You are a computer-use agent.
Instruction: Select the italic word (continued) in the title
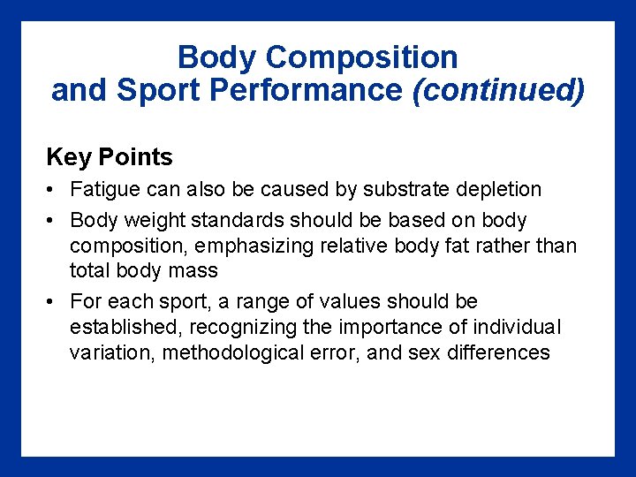coord(498,90)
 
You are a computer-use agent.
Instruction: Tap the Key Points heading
coord(110,157)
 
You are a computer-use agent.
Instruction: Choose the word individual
coord(516,327)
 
